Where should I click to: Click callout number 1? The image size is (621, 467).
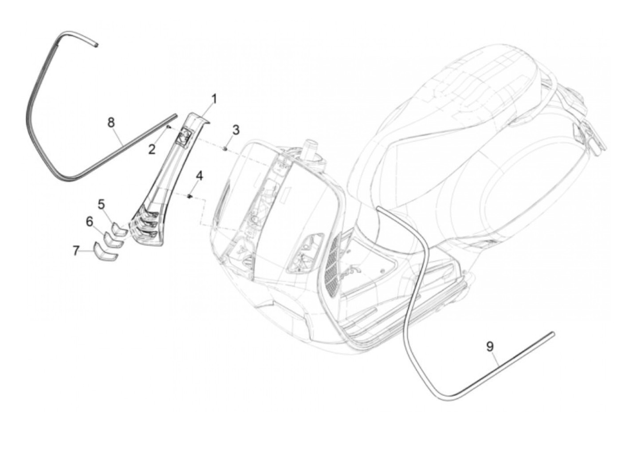[214, 99]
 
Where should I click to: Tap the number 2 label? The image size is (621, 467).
[152, 149]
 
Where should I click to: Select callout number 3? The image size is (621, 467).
[236, 130]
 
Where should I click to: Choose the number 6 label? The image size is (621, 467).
[90, 221]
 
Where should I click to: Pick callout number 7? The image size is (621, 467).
[76, 251]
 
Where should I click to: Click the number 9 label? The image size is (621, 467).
[490, 346]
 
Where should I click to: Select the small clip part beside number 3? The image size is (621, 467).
[226, 149]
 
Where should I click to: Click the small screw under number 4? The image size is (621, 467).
[189, 196]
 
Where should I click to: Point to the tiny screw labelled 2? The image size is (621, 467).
[169, 127]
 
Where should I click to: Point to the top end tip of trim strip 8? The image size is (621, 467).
[95, 44]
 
